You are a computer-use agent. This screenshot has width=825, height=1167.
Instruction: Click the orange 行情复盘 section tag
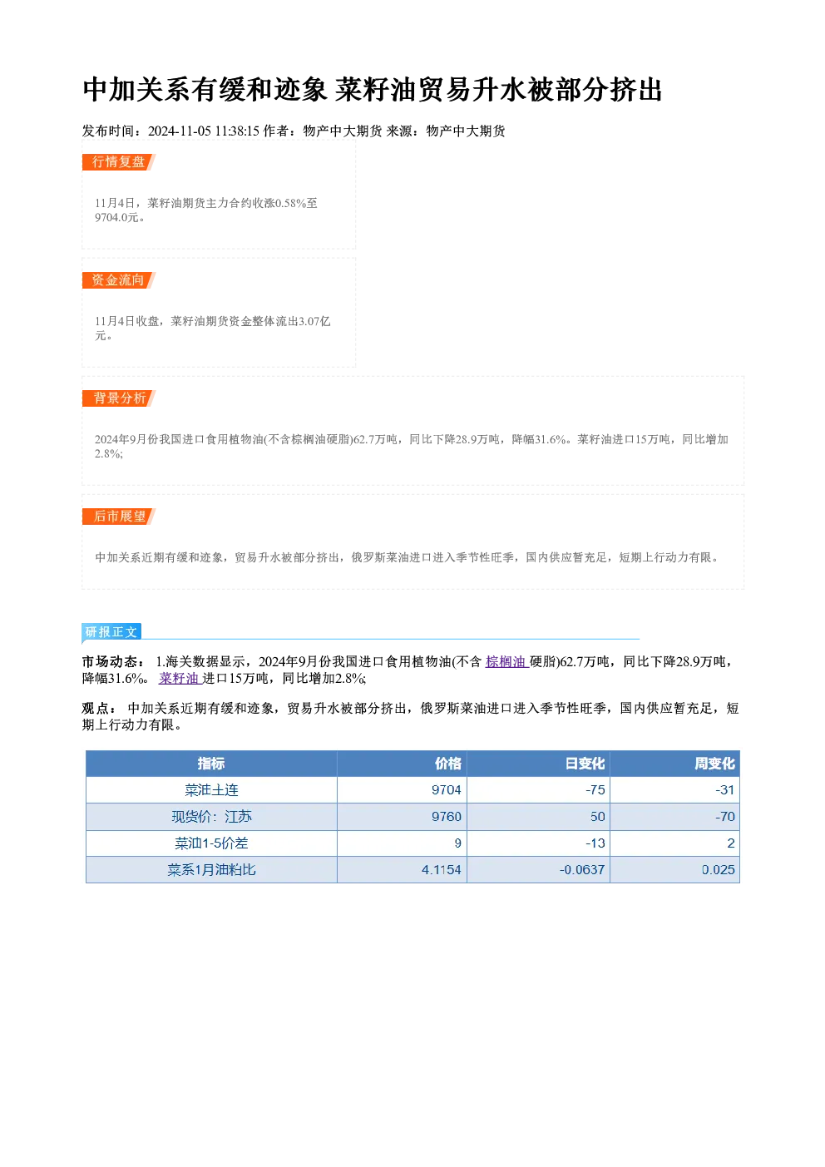pyautogui.click(x=118, y=162)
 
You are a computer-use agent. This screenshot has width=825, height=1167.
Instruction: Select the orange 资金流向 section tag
pyautogui.click(x=118, y=280)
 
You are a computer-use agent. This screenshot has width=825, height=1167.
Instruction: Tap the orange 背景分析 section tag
pyautogui.click(x=118, y=398)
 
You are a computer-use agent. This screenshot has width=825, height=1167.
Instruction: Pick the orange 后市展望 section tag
pyautogui.click(x=118, y=517)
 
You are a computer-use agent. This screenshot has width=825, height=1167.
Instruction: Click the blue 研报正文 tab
pyautogui.click(x=111, y=632)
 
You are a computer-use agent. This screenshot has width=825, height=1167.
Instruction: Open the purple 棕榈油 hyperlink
pyautogui.click(x=506, y=661)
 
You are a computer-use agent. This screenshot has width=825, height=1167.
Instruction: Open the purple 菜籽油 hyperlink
pyautogui.click(x=180, y=678)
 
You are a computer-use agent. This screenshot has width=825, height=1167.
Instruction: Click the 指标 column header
pyautogui.click(x=211, y=764)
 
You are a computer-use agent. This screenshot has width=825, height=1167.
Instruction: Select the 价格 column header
pyautogui.click(x=448, y=764)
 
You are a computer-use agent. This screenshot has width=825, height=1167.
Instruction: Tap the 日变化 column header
pyautogui.click(x=585, y=764)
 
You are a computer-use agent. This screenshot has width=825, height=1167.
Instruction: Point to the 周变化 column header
pyautogui.click(x=714, y=764)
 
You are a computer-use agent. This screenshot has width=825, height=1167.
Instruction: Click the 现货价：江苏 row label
pyautogui.click(x=211, y=816)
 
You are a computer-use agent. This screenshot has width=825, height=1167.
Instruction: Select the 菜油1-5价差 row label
pyautogui.click(x=211, y=843)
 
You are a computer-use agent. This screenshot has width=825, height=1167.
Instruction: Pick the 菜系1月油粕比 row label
pyautogui.click(x=211, y=869)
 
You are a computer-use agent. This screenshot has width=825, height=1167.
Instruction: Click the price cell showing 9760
pyautogui.click(x=447, y=816)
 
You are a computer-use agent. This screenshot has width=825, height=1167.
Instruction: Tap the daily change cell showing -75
pyautogui.click(x=595, y=790)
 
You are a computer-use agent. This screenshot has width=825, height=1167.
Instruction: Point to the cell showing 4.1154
pyautogui.click(x=441, y=869)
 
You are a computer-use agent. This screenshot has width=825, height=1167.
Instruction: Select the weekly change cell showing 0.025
pyautogui.click(x=718, y=869)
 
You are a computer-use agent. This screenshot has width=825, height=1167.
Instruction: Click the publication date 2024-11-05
pyautogui.click(x=179, y=131)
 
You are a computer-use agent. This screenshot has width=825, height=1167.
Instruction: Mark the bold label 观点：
pyautogui.click(x=99, y=709)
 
